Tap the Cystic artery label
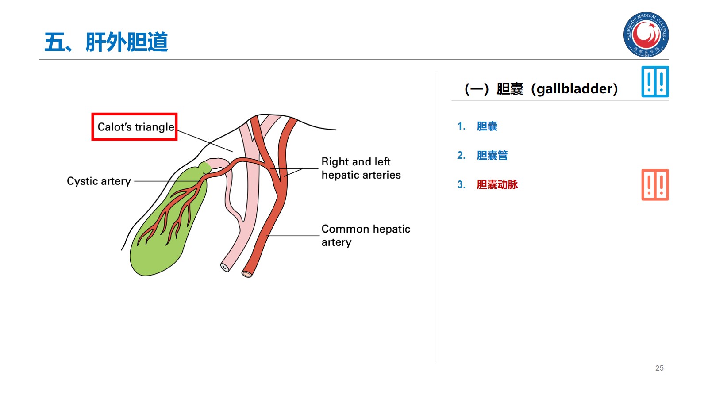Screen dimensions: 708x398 (x=99, y=181)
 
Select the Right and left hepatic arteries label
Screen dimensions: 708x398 (x=361, y=168)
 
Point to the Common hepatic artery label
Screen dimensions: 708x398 (x=366, y=235)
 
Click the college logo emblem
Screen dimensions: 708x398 (x=646, y=34)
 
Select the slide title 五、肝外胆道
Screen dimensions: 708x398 (x=106, y=42)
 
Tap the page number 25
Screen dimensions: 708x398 (x=659, y=368)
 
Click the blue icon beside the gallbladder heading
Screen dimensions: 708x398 (x=655, y=82)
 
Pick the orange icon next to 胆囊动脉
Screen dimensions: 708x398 (x=655, y=185)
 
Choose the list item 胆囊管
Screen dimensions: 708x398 (x=492, y=156)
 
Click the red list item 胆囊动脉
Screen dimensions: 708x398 (x=497, y=185)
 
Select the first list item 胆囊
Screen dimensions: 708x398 (x=487, y=126)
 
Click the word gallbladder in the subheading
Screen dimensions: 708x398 (x=574, y=89)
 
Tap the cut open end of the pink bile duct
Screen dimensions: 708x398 (x=225, y=267)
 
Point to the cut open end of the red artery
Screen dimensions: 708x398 (x=247, y=274)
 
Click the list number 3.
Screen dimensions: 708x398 (x=461, y=185)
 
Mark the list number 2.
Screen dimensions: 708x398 (x=461, y=156)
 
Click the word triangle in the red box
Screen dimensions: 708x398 (x=154, y=127)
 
